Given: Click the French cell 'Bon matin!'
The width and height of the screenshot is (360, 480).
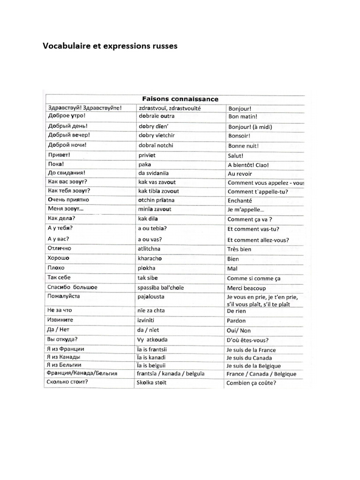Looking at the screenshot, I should (242, 117).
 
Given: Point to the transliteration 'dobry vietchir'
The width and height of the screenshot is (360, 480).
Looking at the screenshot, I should (157, 135).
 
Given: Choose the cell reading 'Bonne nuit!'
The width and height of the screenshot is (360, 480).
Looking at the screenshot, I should (243, 146).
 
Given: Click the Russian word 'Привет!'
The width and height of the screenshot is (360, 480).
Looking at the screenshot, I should (59, 155).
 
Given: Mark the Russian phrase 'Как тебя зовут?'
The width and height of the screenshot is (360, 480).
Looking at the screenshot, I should (69, 191).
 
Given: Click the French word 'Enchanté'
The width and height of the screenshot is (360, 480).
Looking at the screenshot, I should (240, 200).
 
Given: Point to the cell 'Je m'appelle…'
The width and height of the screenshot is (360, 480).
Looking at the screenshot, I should (246, 210).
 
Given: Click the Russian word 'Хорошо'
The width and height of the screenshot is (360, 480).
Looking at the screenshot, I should (59, 258).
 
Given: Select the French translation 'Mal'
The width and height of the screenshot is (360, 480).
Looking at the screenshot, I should (232, 269).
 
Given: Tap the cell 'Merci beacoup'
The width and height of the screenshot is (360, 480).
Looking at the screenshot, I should (247, 288).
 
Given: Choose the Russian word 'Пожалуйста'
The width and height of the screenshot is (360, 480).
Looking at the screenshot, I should (64, 296).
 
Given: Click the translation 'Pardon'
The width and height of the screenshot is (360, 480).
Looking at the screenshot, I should (237, 321).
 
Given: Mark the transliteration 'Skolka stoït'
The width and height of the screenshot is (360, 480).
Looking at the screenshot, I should (152, 382).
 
